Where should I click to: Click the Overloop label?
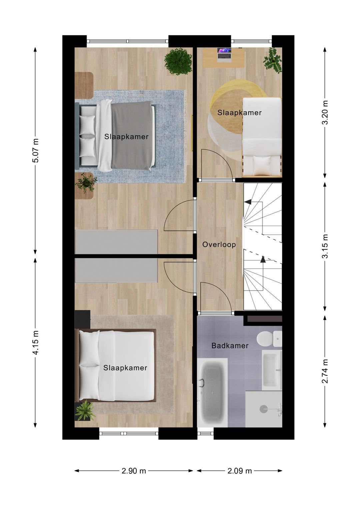(219, 245)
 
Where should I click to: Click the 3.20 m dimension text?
(325, 112)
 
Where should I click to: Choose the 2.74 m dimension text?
(325, 371)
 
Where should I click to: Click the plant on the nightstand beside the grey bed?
(86, 183)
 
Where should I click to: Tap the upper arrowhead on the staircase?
(248, 202)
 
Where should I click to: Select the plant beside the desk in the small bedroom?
(273, 60)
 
